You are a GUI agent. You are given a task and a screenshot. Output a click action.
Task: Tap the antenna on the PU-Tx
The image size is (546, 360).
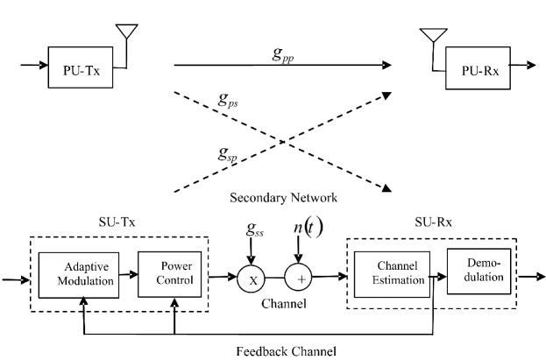tap(128, 31)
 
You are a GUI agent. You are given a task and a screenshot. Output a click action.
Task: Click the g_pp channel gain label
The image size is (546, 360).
tap(282, 53)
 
